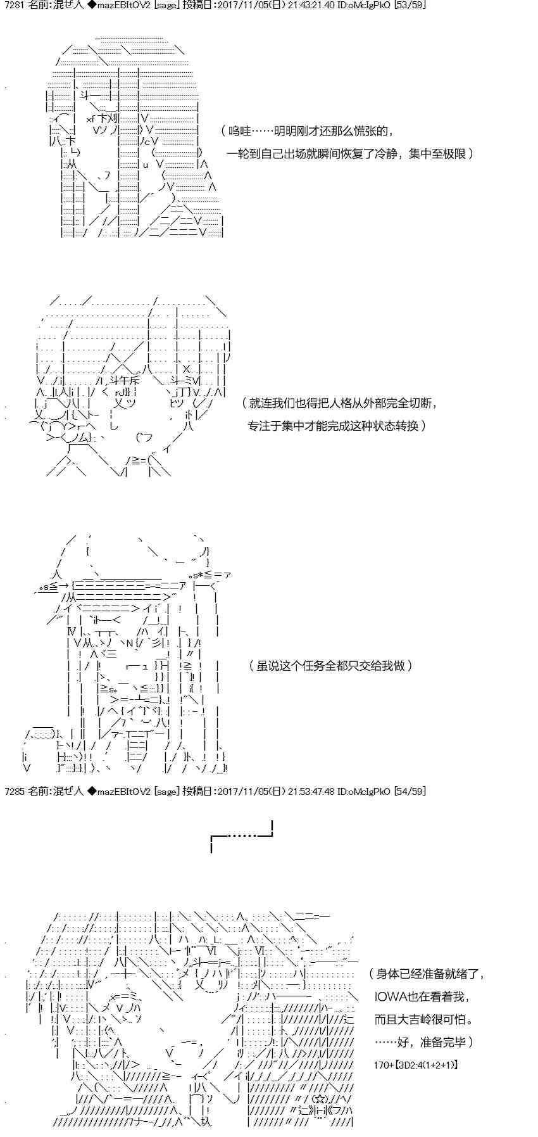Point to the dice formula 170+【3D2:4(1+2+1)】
pos(415,1065)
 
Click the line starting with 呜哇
pos(308,131)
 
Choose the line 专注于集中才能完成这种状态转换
pos(336,425)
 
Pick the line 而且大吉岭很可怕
pos(423,1019)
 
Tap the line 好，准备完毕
pos(423,1042)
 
